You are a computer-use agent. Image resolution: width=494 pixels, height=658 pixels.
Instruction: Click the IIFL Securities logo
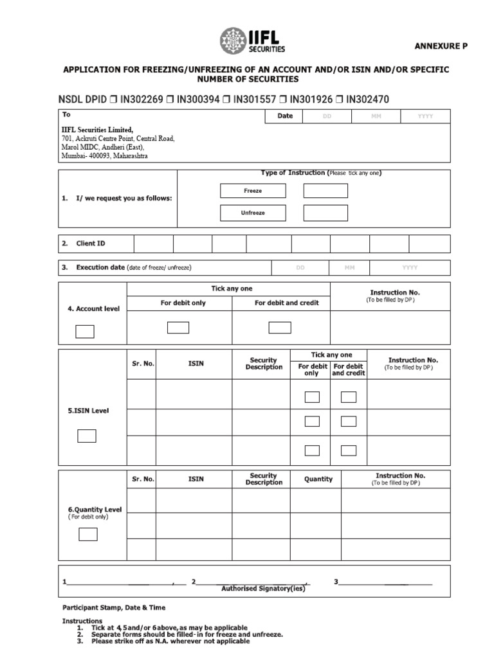click(x=252, y=40)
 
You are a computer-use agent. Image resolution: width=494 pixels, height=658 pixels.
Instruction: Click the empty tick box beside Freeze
click(x=325, y=191)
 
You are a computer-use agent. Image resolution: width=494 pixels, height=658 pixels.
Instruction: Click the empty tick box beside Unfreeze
click(x=325, y=213)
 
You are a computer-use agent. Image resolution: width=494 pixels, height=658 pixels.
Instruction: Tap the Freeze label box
click(x=253, y=191)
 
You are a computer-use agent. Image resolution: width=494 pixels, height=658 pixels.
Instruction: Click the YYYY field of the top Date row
click(x=425, y=116)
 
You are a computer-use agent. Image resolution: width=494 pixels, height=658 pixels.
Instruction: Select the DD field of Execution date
click(x=300, y=267)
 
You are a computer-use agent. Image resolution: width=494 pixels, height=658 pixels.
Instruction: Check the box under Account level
click(x=85, y=332)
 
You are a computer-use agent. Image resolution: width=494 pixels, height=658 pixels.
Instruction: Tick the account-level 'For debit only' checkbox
click(x=178, y=328)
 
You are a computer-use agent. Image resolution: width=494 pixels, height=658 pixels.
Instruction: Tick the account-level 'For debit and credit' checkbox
click(x=280, y=328)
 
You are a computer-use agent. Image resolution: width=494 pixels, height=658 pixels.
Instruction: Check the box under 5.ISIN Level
click(x=87, y=436)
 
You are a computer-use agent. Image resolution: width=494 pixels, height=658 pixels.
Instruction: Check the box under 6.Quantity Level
click(x=88, y=535)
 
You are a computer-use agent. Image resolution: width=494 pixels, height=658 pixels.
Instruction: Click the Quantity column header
click(x=318, y=479)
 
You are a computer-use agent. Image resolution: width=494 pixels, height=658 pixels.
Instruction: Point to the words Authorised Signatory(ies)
click(x=263, y=588)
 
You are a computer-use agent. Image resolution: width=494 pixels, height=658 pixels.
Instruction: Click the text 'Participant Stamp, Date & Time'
click(x=114, y=607)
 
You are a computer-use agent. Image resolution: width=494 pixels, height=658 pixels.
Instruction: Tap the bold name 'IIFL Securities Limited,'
click(x=97, y=130)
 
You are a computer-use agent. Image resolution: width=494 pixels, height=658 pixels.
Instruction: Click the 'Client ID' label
click(x=90, y=244)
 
